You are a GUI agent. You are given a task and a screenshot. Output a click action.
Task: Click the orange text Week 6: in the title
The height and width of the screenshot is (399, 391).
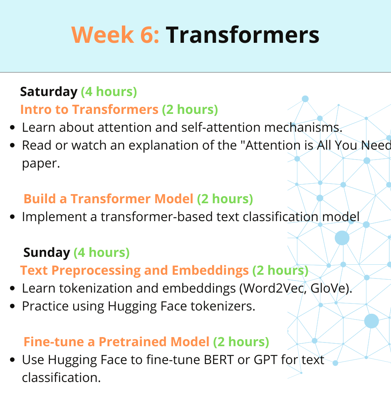tap(115, 34)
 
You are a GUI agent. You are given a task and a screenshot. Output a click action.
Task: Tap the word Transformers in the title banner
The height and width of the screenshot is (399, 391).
tap(243, 34)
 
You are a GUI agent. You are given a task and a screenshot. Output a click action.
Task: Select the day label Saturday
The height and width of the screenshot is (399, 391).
tap(49, 92)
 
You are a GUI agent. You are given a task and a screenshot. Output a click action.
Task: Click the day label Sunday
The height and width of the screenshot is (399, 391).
tap(47, 252)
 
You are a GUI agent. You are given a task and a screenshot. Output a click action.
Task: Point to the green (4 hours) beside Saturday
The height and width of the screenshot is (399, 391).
tap(109, 91)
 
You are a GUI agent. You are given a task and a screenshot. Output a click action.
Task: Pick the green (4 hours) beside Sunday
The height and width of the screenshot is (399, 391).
tap(101, 252)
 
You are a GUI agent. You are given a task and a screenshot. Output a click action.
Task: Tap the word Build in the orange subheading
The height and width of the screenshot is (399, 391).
tap(40, 199)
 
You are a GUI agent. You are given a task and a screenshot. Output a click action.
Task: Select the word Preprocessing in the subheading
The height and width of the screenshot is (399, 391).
tap(96, 271)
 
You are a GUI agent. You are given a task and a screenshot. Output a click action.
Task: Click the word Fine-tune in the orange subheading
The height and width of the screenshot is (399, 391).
tap(54, 342)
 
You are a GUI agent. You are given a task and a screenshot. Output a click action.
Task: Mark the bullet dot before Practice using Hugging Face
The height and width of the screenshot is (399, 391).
tap(12, 306)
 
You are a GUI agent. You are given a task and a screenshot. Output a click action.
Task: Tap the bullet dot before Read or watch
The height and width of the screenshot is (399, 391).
tap(12, 145)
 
